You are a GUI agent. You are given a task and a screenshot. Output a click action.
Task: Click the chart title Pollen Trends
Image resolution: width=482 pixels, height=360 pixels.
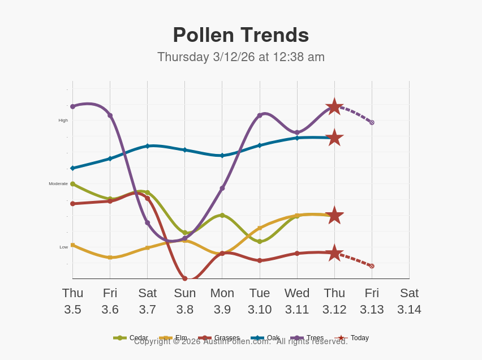240,35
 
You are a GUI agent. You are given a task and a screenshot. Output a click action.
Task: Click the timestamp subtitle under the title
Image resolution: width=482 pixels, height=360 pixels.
240,57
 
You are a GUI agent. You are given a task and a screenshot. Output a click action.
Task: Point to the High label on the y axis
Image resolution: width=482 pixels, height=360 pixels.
63,120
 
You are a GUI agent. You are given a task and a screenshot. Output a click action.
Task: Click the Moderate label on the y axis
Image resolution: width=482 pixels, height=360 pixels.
58,183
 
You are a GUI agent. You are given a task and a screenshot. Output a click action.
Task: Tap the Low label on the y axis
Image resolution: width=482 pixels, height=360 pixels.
64,247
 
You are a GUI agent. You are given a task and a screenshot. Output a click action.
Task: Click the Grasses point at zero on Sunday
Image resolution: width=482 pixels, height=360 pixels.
184,278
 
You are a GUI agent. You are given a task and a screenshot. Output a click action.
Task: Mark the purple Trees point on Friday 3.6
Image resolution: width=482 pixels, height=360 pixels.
110,115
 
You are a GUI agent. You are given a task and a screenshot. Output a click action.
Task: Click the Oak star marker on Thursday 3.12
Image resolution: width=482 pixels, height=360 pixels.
334,138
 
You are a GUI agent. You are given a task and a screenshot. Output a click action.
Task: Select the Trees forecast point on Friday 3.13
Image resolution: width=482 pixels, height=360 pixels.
372,122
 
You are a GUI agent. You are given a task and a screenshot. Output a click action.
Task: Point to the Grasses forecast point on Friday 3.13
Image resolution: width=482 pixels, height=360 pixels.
372,266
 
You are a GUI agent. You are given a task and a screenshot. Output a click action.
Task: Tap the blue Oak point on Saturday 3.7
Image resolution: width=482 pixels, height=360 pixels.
147,146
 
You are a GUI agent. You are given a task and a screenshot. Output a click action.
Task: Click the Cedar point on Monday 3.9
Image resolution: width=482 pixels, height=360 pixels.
222,215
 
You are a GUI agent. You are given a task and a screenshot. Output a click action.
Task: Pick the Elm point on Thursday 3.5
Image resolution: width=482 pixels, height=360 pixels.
72,245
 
